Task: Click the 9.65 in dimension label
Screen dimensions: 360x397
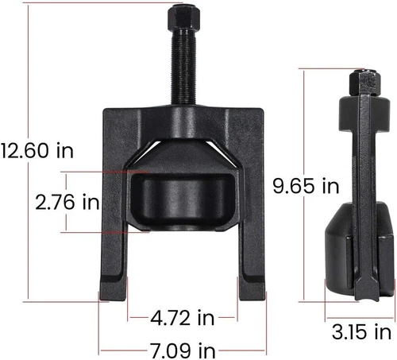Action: pos(306,186)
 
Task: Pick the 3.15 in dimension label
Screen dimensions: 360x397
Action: pos(360,330)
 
